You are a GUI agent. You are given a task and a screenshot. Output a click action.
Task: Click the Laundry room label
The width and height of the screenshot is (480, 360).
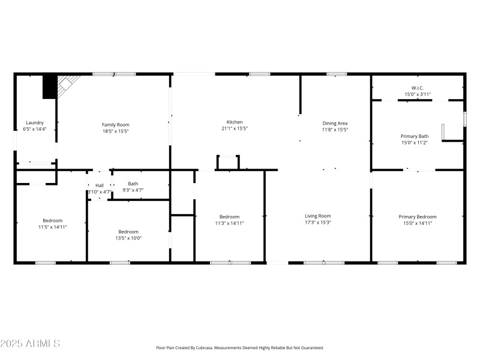point(34,122)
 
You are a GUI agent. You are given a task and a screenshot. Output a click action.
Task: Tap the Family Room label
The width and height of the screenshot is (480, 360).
point(115,125)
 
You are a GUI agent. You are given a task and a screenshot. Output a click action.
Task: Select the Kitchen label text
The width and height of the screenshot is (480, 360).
point(234,122)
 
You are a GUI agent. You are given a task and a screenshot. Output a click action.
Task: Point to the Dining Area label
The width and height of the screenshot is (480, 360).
point(335,124)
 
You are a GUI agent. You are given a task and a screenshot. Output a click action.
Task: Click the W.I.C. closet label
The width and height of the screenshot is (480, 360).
point(418,88)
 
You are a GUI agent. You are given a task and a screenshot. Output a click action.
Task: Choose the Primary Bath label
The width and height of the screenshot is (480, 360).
point(415,136)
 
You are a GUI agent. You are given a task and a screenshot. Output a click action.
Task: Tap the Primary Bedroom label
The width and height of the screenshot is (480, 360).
point(418,217)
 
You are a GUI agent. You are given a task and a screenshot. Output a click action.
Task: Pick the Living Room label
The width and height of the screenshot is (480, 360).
point(318,216)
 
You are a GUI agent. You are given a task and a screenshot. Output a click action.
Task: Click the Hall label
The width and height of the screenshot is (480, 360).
point(100,185)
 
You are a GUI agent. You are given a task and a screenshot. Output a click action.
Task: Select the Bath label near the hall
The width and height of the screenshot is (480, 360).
point(133,184)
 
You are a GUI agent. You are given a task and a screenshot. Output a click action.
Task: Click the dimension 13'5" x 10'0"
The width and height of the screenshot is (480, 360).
point(128,238)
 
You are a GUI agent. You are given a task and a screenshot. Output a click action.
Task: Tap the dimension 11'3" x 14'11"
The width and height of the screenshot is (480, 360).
point(229,223)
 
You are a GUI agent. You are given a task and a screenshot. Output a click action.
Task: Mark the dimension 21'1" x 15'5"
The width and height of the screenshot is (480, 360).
point(234,129)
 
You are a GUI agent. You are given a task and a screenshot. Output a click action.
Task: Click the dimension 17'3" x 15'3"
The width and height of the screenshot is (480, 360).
point(318,223)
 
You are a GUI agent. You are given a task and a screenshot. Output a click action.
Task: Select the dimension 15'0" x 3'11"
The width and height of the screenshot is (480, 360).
point(418,94)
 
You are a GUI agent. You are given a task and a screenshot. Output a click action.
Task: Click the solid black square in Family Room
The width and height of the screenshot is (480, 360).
point(49,87)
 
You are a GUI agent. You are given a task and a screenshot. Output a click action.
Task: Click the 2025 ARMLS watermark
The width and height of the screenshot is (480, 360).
point(30,344)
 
